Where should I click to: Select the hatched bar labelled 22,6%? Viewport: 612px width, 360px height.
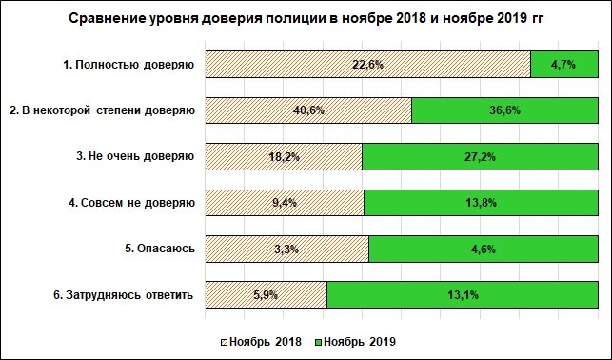[x=367, y=65]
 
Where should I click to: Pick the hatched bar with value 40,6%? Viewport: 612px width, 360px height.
[x=308, y=110]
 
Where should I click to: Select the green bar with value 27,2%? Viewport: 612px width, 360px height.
[x=476, y=156]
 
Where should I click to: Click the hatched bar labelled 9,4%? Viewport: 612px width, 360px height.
[x=285, y=203]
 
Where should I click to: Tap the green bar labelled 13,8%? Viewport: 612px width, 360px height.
[x=477, y=203]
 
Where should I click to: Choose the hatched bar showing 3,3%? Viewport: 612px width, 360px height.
[x=286, y=249]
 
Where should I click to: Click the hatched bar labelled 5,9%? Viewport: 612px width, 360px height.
[x=266, y=294]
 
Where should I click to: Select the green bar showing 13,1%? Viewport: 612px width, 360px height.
[x=458, y=294]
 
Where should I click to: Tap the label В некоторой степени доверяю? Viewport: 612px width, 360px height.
[x=102, y=110]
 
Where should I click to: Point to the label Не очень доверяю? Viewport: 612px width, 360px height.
[x=135, y=156]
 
